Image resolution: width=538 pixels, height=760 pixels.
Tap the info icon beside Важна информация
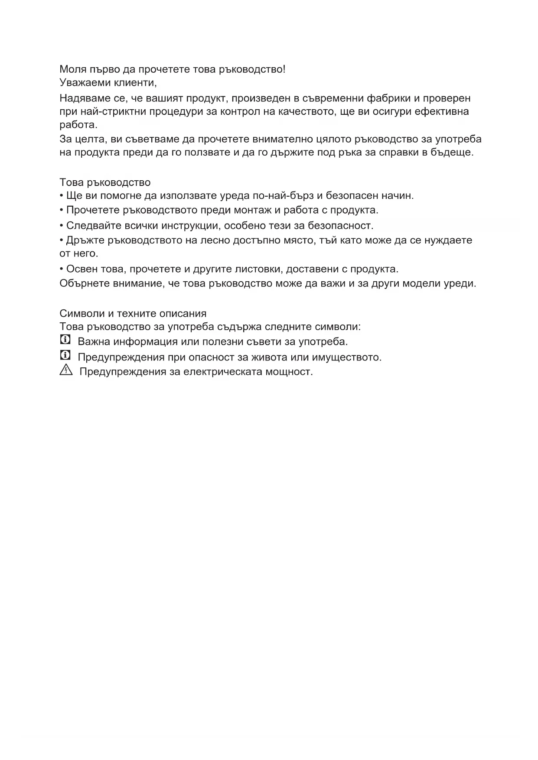[x=65, y=340]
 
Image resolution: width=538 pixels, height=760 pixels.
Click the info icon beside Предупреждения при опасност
[x=65, y=356]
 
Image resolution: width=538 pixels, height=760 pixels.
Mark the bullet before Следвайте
[x=62, y=226]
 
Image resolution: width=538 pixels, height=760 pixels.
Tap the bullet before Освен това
[x=62, y=269]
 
